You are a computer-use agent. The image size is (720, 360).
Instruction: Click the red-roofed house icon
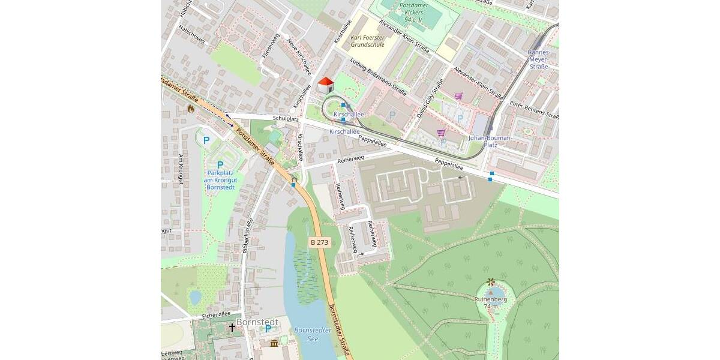(325, 85)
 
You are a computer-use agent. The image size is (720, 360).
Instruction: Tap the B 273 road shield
(319, 242)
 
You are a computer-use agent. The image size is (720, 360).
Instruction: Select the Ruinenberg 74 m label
(491, 302)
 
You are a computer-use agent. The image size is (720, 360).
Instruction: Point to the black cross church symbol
(232, 327)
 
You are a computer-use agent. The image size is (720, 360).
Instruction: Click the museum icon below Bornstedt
(274, 343)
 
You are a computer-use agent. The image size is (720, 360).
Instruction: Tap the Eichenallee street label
(216, 314)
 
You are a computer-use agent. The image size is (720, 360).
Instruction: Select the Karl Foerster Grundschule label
(368, 41)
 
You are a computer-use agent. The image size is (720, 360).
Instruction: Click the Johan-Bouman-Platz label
(490, 141)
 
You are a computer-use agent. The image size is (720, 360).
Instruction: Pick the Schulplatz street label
(286, 119)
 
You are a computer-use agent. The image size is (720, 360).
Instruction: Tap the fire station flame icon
(191, 109)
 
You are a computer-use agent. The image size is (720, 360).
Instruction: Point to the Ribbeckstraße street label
(248, 236)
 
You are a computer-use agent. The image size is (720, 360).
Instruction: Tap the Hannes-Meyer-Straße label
(538, 59)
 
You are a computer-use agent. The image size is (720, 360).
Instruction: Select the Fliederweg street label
(271, 46)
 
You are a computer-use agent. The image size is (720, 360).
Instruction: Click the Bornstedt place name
(257, 322)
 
